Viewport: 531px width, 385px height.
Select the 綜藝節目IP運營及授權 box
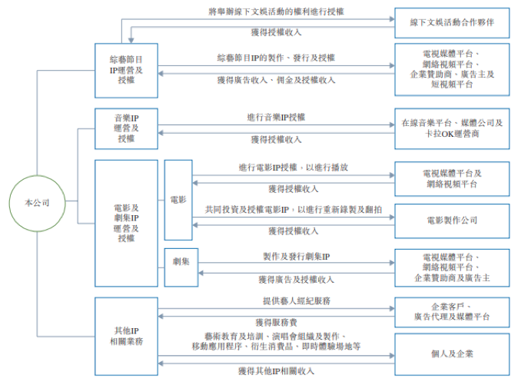pyautogui.click(x=126, y=70)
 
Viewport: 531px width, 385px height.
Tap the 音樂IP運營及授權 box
pyautogui.click(x=126, y=128)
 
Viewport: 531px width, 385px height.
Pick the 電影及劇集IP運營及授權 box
pyautogui.click(x=126, y=223)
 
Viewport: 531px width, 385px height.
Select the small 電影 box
pyautogui.click(x=178, y=199)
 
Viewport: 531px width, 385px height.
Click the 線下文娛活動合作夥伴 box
pyautogui.click(x=451, y=23)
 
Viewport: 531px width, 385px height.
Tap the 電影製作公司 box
pyautogui.click(x=451, y=221)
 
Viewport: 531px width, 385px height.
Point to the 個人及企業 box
pyautogui.click(x=451, y=353)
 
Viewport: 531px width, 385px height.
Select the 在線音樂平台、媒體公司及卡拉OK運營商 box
pyautogui.click(x=451, y=128)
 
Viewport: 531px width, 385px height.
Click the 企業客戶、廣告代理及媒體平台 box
pyautogui.click(x=451, y=311)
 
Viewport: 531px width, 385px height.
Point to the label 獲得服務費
pyautogui.click(x=276, y=321)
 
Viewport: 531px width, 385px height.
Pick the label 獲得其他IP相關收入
pyautogui.click(x=276, y=370)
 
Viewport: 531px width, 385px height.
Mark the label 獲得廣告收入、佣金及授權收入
pyautogui.click(x=276, y=80)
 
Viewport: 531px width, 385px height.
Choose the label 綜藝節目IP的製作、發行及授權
pyautogui.click(x=276, y=58)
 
